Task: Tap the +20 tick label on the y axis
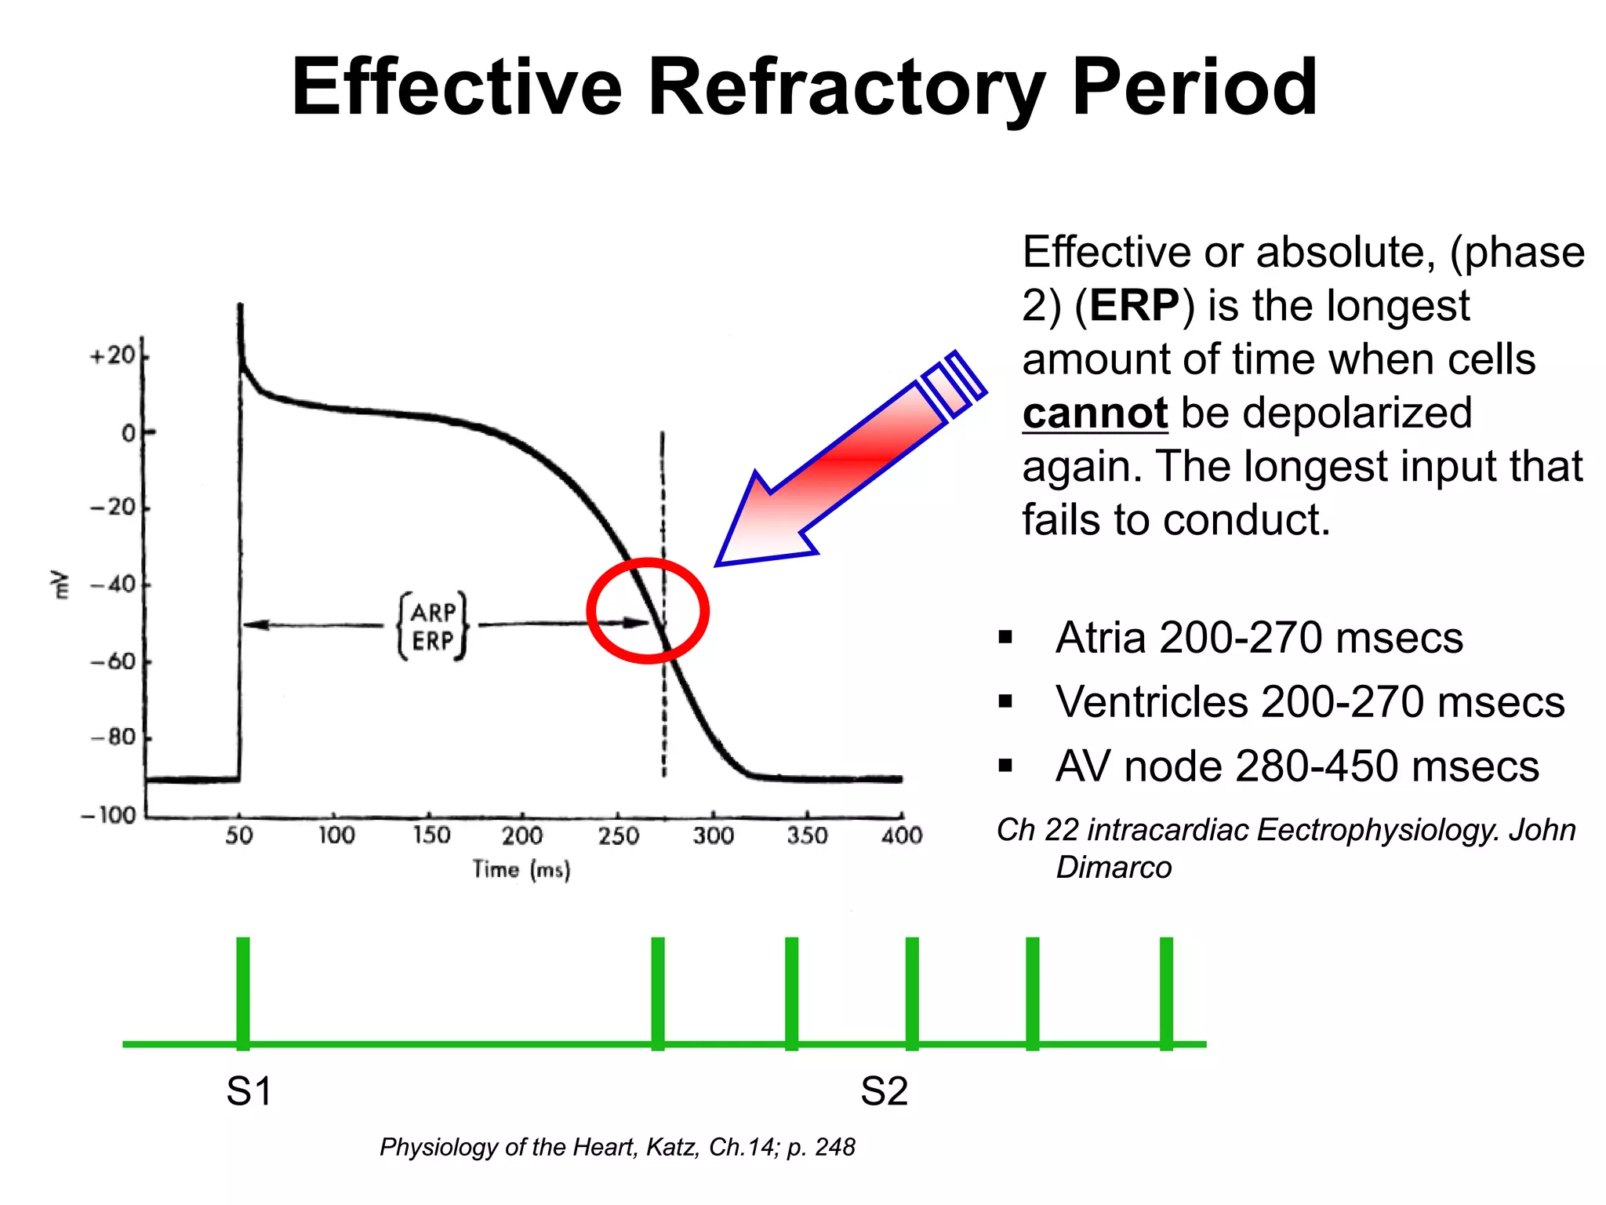tap(112, 356)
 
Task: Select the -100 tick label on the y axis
tap(107, 815)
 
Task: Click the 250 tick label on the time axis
tap(618, 835)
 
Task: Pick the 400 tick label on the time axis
tap(902, 835)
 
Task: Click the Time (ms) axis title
tap(521, 869)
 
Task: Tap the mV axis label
tap(59, 584)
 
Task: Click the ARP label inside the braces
tap(433, 612)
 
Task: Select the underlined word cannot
tap(1095, 413)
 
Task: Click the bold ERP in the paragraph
tap(1134, 306)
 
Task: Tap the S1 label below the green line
tap(249, 1091)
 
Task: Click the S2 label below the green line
tap(884, 1091)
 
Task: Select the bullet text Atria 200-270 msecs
tap(1259, 638)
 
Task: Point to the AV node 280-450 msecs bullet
tap(1297, 766)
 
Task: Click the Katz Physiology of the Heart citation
tap(616, 1147)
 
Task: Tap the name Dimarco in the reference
tap(1114, 868)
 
